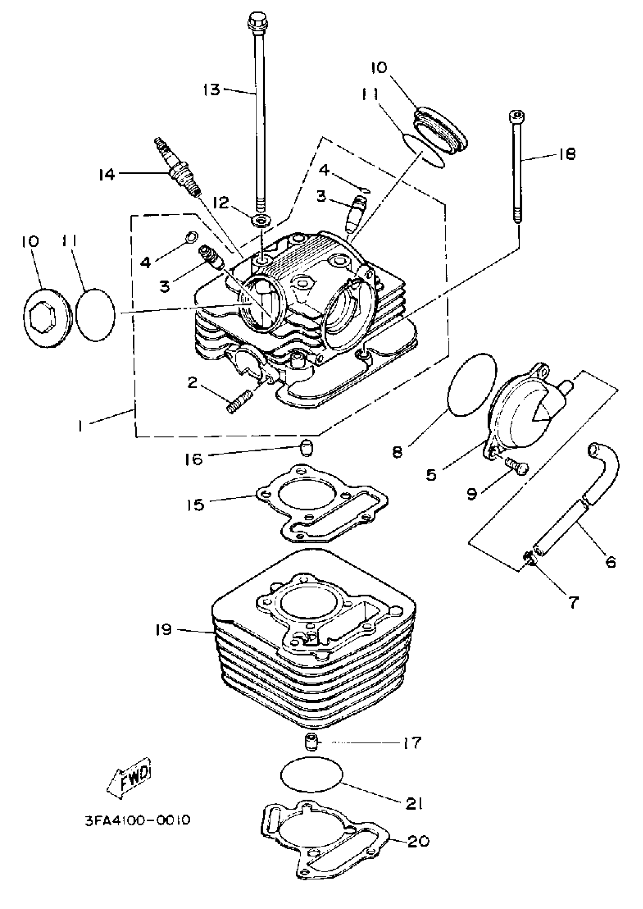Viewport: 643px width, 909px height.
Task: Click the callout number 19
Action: [x=163, y=629]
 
